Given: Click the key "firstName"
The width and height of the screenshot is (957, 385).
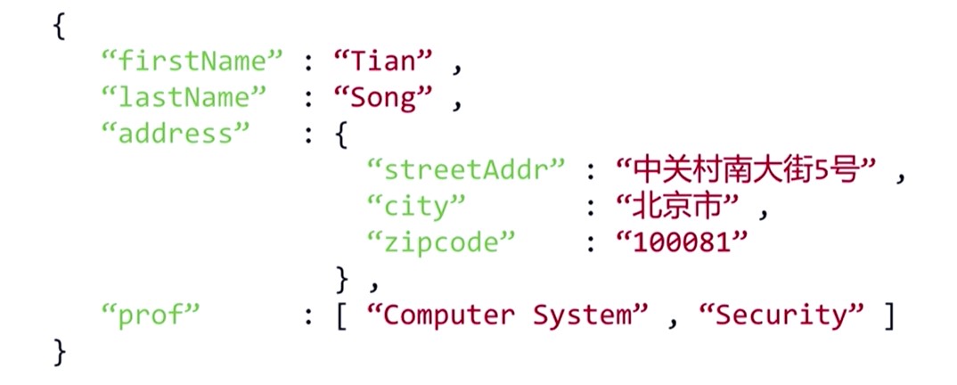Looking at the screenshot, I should pos(192,61).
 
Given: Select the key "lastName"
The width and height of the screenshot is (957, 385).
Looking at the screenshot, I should pos(185,98).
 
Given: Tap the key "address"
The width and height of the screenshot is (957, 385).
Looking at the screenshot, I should pos(176,134).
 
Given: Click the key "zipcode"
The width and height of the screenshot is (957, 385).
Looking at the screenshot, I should pos(441,242).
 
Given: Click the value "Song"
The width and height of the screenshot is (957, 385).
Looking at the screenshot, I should pos(384,98).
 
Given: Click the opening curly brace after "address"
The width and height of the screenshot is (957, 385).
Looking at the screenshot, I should pos(340,135).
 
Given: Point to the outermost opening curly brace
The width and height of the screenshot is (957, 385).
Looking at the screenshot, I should pos(59,26).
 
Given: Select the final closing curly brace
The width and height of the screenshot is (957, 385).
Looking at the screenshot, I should pos(59,350).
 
